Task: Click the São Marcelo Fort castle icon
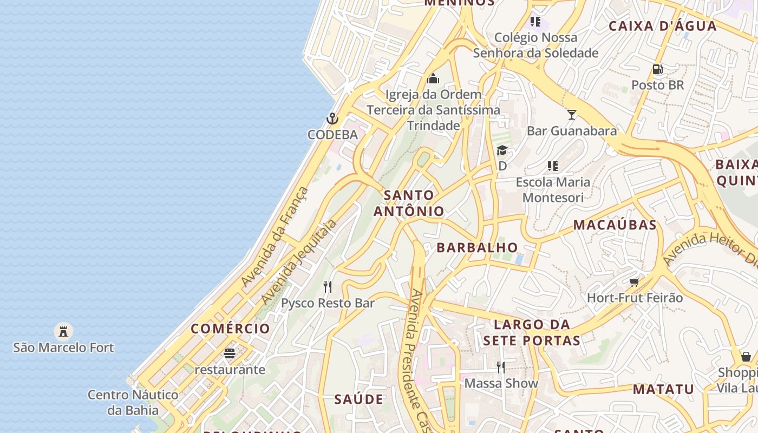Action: (63, 330)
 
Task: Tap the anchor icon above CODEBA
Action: (332, 118)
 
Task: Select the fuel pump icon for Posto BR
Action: (657, 69)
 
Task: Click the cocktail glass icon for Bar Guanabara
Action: (571, 114)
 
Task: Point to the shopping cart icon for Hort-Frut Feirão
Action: (634, 281)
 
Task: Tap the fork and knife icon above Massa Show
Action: (501, 368)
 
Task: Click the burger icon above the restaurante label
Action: (230, 353)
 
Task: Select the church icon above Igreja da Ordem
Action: (433, 79)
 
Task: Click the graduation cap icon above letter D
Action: (502, 150)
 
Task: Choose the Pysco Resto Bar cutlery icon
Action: (327, 286)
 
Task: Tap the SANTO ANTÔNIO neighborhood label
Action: (409, 203)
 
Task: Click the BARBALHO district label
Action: (477, 247)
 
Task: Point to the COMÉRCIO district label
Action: (230, 329)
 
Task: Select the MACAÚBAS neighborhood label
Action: (615, 225)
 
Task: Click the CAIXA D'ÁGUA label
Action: (662, 26)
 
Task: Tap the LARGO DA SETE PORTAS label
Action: (532, 332)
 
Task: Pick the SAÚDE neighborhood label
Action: (358, 399)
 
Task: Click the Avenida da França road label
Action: (275, 237)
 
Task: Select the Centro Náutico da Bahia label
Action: (133, 402)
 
